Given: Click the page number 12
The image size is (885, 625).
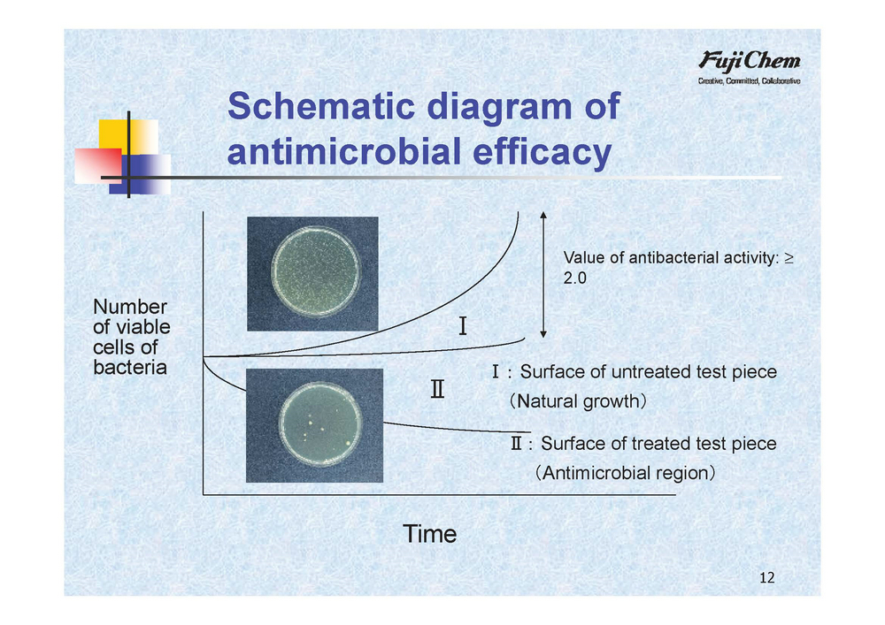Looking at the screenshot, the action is [766, 577].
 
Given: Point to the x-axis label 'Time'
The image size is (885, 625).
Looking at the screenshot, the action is [429, 534].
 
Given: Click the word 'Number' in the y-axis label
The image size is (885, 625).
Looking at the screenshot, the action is [130, 307].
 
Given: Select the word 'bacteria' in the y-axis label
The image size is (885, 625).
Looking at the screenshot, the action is [130, 368].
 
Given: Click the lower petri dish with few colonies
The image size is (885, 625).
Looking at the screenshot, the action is [320, 423].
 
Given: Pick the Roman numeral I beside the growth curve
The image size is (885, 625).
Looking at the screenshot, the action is [463, 325].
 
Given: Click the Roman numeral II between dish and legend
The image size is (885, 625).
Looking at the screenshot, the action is [437, 389].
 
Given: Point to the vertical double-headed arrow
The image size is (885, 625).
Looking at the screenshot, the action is [543, 275].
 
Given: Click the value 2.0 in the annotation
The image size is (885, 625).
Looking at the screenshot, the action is [574, 278].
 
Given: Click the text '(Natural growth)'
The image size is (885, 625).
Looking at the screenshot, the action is [577, 401].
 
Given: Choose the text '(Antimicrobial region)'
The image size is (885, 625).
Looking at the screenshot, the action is [626, 472].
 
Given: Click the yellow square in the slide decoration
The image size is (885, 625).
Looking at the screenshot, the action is [128, 136].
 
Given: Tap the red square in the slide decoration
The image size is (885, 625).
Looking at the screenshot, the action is [98, 165].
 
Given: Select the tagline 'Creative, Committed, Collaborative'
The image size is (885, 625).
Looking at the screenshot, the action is [749, 81].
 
